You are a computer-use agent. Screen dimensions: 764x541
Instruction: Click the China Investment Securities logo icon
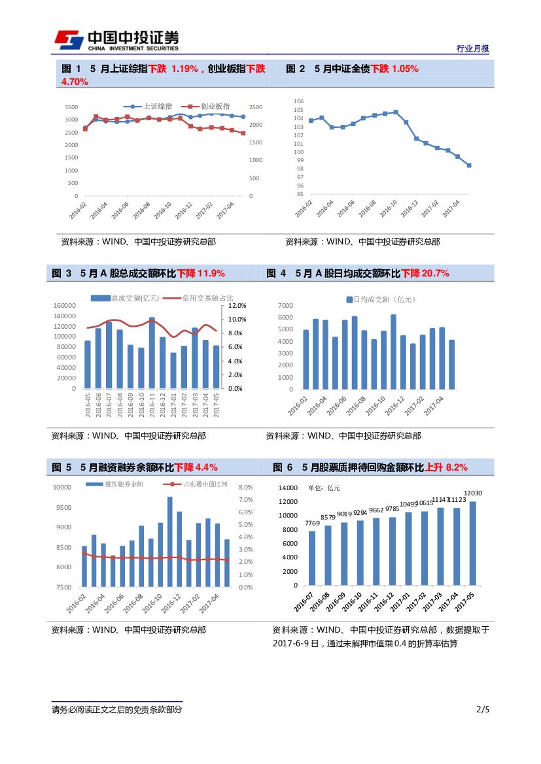pyautogui.click(x=68, y=40)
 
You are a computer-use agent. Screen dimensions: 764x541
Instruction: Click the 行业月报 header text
pyautogui.click(x=472, y=49)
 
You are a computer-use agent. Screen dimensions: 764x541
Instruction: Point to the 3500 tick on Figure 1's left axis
pyautogui.click(x=71, y=107)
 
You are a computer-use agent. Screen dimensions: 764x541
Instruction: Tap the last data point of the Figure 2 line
pyautogui.click(x=469, y=165)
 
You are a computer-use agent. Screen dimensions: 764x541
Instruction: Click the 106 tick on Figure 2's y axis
pyautogui.click(x=299, y=101)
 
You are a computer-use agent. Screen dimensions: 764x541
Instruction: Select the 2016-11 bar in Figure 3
pyautogui.click(x=152, y=353)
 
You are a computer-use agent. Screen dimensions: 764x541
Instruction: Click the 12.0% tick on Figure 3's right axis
pyautogui.click(x=236, y=305)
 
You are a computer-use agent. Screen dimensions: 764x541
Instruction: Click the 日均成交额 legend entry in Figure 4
pyautogui.click(x=377, y=299)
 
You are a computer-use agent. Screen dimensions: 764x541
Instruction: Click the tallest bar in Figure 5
pyautogui.click(x=169, y=542)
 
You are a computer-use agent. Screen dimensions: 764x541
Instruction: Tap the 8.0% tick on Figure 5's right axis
pyautogui.click(x=246, y=488)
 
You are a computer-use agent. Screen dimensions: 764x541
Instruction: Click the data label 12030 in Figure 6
pyautogui.click(x=473, y=493)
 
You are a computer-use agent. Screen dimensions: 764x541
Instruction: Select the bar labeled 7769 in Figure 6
pyautogui.click(x=312, y=558)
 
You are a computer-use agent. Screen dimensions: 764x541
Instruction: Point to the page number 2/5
pyautogui.click(x=483, y=710)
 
